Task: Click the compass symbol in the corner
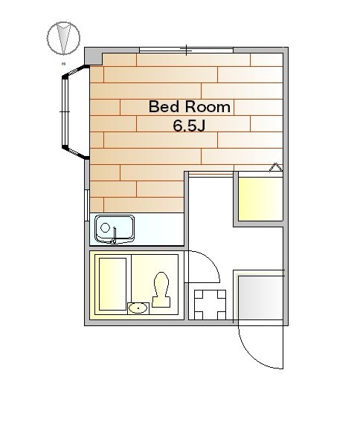pos(63,38)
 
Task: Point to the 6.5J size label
pos(189,126)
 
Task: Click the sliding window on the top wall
pos(186,50)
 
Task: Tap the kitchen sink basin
pos(115,228)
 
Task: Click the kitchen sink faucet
pos(115,236)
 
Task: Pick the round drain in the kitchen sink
pos(105,227)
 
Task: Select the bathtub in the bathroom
pos(112,284)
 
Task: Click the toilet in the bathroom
pos(161,289)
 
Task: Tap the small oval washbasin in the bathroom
pos(138,308)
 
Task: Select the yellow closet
pos(260,199)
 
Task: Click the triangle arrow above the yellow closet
pos(276,167)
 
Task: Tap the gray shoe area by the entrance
pos(260,298)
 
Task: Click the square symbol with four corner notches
pos(210,305)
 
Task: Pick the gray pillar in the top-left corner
pos(94,56)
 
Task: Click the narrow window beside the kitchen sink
pos(87,205)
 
